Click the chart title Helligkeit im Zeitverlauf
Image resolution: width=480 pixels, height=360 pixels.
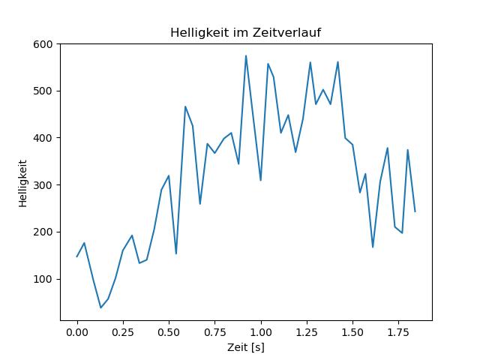[246, 32]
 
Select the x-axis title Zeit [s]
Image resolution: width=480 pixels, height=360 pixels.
[245, 347]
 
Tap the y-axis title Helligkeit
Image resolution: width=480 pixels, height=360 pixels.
[23, 182]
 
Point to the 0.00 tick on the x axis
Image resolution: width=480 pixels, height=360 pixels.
[77, 331]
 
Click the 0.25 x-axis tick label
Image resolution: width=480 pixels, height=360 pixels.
[123, 331]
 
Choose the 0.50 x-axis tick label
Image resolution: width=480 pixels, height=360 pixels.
[169, 331]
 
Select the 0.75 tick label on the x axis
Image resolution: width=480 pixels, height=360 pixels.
[214, 331]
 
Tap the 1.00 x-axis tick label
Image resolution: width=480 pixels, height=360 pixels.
[261, 331]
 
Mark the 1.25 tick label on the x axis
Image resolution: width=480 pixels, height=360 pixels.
[307, 331]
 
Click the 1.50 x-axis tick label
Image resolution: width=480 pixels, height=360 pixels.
[352, 331]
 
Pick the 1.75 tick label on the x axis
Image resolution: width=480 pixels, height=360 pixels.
[398, 331]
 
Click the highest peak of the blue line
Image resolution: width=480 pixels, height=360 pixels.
[245, 55]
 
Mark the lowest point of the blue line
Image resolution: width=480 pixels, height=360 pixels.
[100, 307]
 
